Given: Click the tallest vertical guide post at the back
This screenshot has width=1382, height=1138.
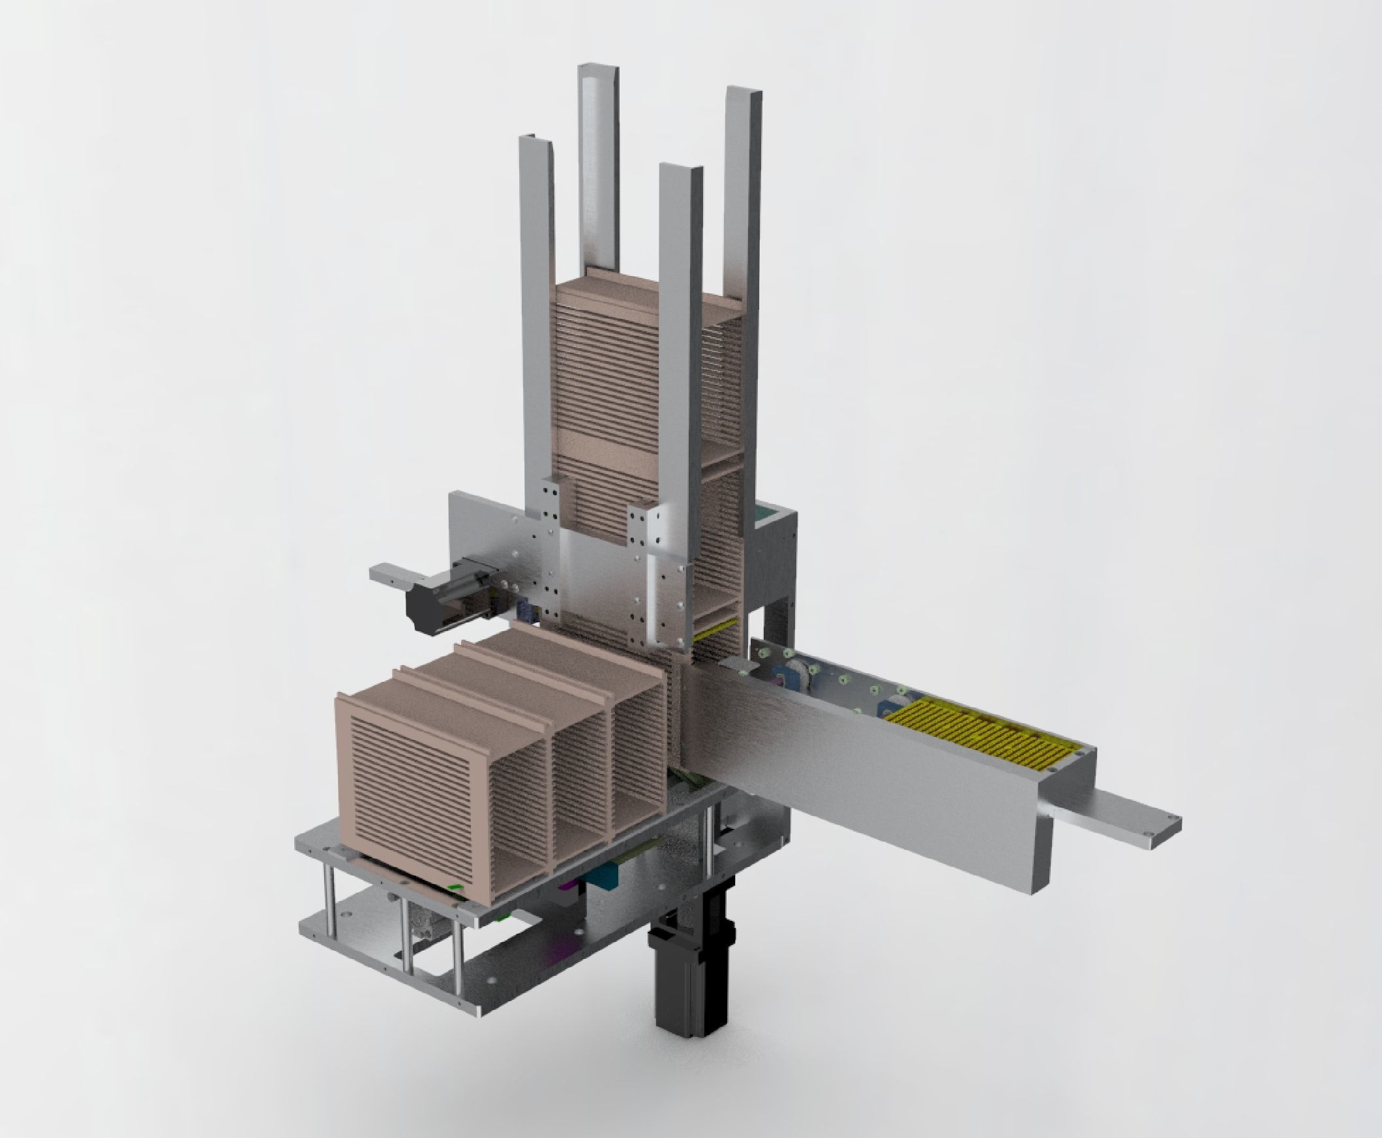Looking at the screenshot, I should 599,164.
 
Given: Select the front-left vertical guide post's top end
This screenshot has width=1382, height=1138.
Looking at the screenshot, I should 536,141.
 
